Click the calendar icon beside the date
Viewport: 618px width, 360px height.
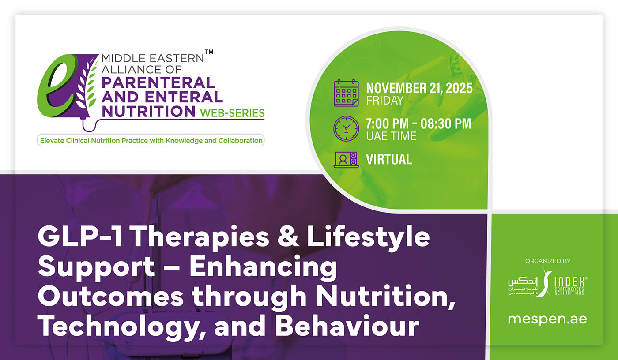346,93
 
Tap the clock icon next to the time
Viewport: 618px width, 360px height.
346,129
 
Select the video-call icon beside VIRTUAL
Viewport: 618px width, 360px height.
346,160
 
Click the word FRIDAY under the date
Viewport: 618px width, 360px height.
384,101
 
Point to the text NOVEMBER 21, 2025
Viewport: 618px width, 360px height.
419,88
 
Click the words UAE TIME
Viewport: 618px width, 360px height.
391,136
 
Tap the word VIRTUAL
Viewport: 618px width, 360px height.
389,159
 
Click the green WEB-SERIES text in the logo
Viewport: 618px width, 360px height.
232,113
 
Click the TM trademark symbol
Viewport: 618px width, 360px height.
209,52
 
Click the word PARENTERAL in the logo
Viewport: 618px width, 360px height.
158,82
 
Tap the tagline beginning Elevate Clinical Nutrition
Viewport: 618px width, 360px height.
151,141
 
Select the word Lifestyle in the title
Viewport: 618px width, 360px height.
368,236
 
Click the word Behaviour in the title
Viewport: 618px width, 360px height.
347,326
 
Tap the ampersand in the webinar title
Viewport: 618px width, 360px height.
288,236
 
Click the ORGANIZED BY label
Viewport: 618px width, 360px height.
548,261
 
